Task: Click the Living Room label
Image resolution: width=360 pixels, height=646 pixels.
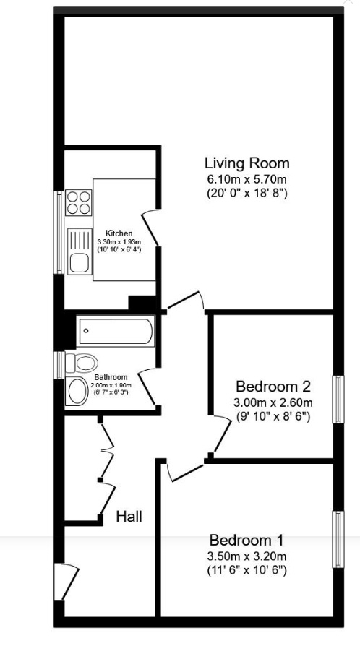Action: click(247, 163)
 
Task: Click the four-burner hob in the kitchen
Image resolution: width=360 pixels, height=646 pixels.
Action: click(78, 202)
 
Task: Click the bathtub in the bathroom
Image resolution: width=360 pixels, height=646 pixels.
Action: click(116, 333)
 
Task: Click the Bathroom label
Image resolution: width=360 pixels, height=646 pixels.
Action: click(111, 377)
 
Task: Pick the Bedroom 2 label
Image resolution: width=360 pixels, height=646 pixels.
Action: click(273, 385)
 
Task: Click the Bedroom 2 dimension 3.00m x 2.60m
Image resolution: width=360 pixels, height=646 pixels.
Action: click(273, 402)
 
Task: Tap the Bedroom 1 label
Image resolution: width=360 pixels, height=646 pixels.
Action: click(247, 540)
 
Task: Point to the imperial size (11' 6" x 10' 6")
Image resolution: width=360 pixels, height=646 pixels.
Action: click(247, 570)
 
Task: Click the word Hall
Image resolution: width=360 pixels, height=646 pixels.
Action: click(129, 517)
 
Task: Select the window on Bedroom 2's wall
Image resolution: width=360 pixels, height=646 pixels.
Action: click(337, 399)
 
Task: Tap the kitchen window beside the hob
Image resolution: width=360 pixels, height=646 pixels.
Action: click(59, 231)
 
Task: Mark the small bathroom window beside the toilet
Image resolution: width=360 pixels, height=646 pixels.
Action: click(59, 365)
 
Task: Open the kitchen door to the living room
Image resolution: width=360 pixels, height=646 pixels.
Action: click(150, 220)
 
